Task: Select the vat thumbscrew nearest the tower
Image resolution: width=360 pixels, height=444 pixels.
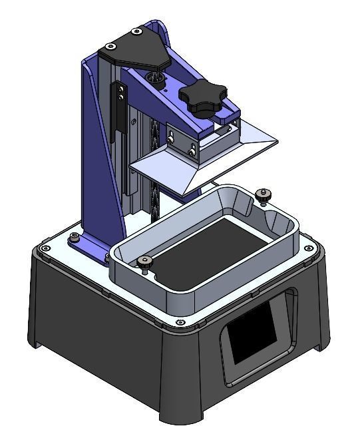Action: click(x=144, y=262)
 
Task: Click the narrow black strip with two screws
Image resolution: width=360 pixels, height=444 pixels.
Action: click(x=120, y=107)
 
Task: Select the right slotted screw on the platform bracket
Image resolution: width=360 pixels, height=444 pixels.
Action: click(x=192, y=151)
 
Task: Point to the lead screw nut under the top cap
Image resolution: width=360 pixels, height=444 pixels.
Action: click(x=158, y=79)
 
